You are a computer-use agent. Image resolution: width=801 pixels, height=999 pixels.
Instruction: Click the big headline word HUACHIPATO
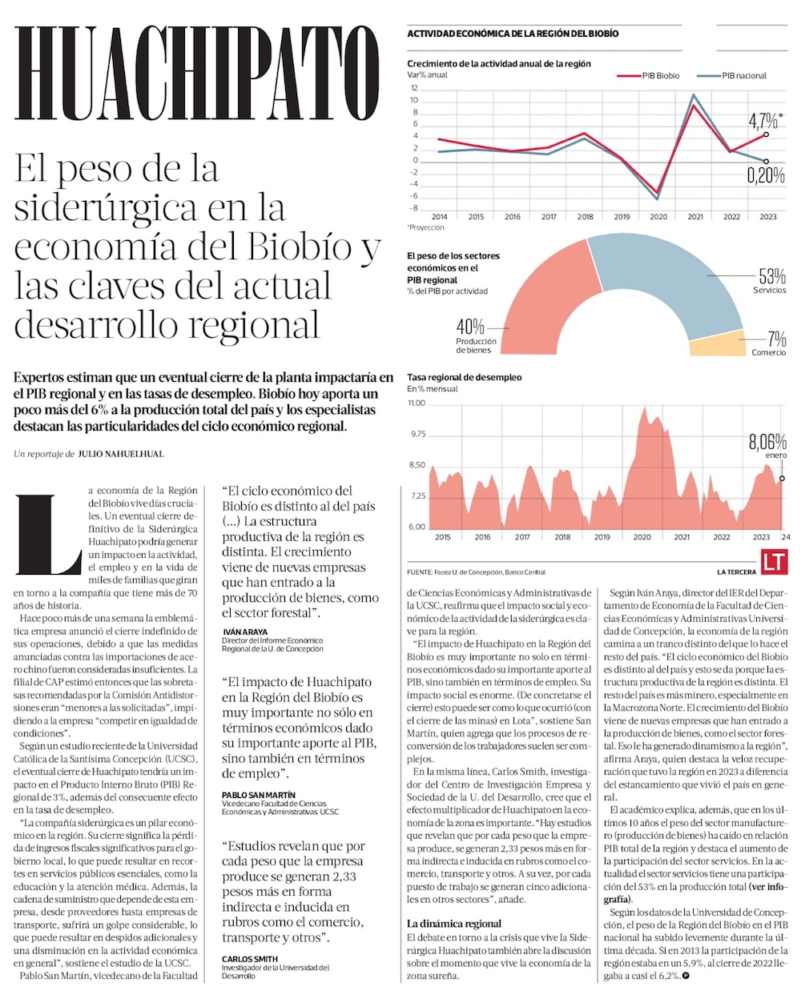pyautogui.click(x=196, y=74)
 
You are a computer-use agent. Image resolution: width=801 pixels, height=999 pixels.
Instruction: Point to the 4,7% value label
pyautogui.click(x=763, y=122)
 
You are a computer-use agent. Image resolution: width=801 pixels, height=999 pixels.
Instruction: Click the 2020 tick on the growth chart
pyautogui.click(x=658, y=217)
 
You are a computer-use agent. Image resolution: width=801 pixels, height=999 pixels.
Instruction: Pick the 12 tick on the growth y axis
pyautogui.click(x=414, y=88)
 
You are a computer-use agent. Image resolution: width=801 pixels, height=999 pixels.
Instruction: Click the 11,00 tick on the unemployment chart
pyautogui.click(x=417, y=403)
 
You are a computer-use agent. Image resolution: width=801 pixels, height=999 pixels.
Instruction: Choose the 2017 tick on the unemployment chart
pyautogui.click(x=522, y=537)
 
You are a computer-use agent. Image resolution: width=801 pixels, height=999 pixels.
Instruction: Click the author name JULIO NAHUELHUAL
pyautogui.click(x=121, y=454)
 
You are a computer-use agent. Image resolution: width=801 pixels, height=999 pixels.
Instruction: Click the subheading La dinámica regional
pyautogui.click(x=453, y=923)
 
